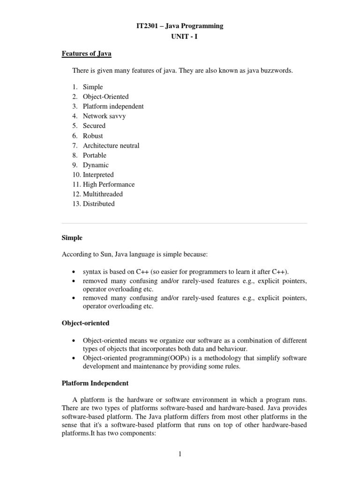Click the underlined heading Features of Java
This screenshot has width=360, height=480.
click(x=86, y=54)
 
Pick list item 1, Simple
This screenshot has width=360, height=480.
click(x=93, y=87)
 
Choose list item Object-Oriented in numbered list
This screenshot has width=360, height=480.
click(x=105, y=97)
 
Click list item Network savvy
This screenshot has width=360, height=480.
click(x=104, y=116)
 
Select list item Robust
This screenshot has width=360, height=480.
click(x=93, y=135)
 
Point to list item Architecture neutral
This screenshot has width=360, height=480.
click(x=111, y=145)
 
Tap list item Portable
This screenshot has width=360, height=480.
click(x=95, y=155)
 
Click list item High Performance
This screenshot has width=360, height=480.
click(x=109, y=184)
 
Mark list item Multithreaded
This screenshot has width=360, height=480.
click(x=103, y=194)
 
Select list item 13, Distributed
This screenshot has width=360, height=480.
click(x=98, y=204)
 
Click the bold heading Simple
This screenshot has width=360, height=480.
click(x=72, y=238)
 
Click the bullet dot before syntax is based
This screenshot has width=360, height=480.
click(x=75, y=272)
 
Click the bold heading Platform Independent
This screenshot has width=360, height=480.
click(x=95, y=383)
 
